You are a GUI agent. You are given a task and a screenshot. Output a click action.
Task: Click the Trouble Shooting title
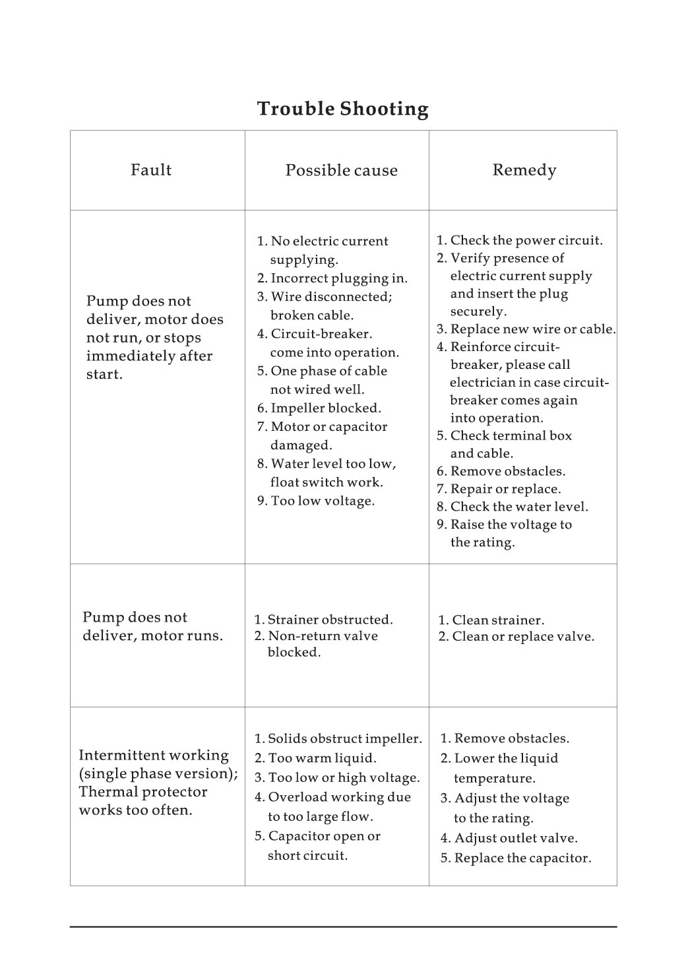342,109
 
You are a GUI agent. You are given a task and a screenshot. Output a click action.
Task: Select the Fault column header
151,170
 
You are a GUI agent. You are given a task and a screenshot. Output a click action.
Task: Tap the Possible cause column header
341,171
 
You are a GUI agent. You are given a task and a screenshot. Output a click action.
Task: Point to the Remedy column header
524,170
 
